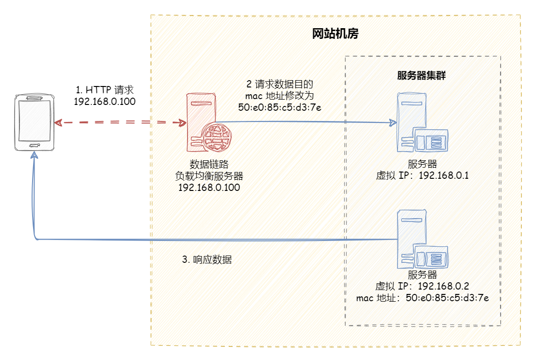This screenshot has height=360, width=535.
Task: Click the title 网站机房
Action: pyautogui.click(x=335, y=34)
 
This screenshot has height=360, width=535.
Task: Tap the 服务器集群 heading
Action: pyautogui.click(x=422, y=76)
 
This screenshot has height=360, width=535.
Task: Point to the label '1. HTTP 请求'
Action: pyautogui.click(x=104, y=90)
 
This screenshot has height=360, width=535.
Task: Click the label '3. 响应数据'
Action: pyautogui.click(x=207, y=259)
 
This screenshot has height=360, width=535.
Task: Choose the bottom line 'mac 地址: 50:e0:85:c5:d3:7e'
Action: pyautogui.click(x=422, y=297)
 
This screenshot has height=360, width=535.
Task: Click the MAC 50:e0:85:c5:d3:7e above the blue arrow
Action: pyautogui.click(x=279, y=107)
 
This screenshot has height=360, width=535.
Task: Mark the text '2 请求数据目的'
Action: pyautogui.click(x=279, y=84)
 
